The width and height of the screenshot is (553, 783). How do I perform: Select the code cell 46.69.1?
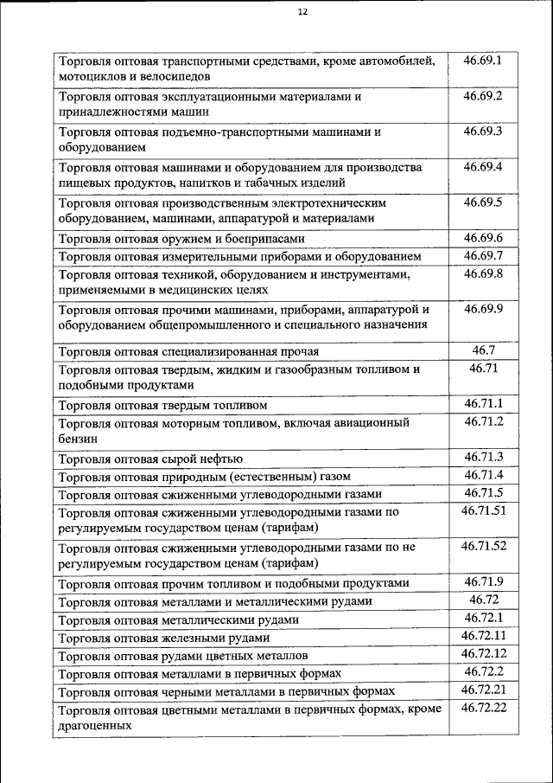click(x=483, y=61)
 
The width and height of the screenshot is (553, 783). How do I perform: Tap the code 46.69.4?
click(x=483, y=166)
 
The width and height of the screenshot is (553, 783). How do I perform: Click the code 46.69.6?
click(x=483, y=238)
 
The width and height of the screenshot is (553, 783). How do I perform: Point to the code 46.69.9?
click(x=483, y=309)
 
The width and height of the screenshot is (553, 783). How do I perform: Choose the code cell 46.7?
click(x=483, y=350)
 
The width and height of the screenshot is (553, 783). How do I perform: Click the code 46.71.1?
click(x=483, y=404)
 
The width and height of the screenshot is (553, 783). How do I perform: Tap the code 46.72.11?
click(x=483, y=636)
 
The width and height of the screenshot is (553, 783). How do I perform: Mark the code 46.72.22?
click(x=483, y=709)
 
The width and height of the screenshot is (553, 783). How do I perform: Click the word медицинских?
click(x=196, y=292)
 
